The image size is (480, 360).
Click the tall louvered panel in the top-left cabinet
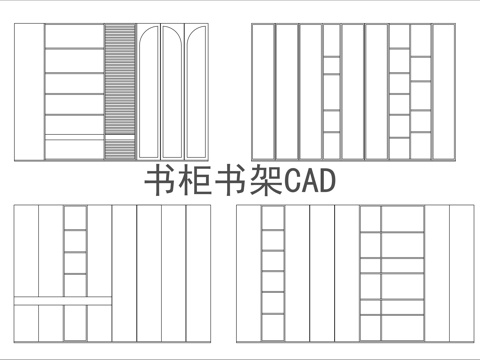point(119,91)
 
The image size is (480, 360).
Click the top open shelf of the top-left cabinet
point(73,37)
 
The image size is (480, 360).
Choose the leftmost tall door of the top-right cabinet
point(262,91)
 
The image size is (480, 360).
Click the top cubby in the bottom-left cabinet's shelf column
point(75,218)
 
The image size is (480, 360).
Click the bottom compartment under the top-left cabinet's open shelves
point(73,146)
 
